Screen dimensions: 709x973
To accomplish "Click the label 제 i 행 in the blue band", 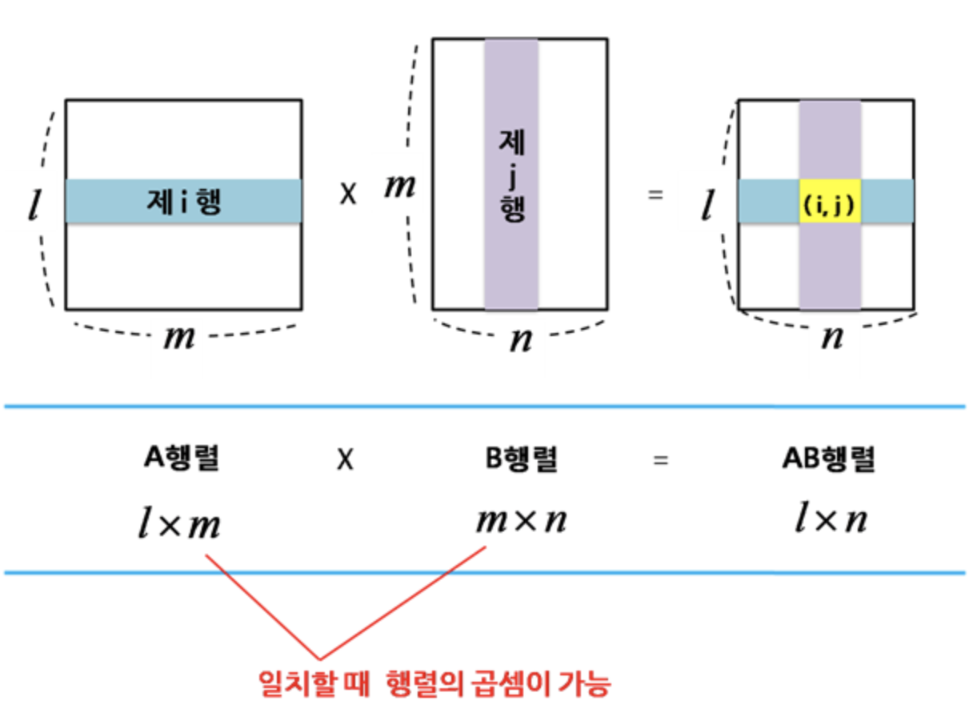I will click(184, 202).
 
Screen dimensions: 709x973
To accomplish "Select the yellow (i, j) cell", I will click(829, 202).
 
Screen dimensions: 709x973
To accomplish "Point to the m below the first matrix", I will click(179, 338).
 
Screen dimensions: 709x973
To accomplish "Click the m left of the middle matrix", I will click(400, 186).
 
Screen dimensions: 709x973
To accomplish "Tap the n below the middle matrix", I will click(521, 339).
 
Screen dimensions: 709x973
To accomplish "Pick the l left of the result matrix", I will click(707, 206).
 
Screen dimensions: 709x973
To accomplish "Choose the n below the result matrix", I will click(833, 338).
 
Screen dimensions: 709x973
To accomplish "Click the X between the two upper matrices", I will click(347, 194).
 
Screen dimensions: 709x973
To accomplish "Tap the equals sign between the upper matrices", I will click(656, 194).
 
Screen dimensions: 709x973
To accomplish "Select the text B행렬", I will click(521, 459).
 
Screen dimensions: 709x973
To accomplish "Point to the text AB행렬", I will click(829, 459).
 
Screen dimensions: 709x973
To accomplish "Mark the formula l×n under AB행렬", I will click(831, 521).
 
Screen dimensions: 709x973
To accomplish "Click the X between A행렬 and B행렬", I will click(345, 460).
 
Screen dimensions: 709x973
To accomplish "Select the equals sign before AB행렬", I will click(660, 460).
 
